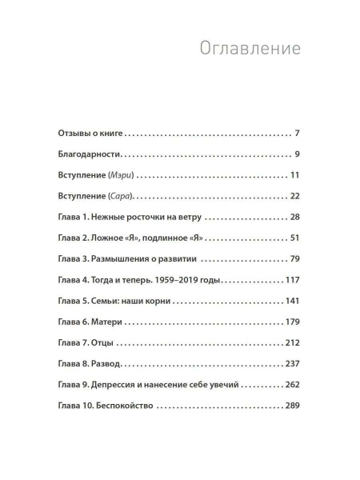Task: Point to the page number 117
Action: click(290, 280)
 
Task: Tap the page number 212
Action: click(290, 343)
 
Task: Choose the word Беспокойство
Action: click(130, 406)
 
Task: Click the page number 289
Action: click(290, 406)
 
